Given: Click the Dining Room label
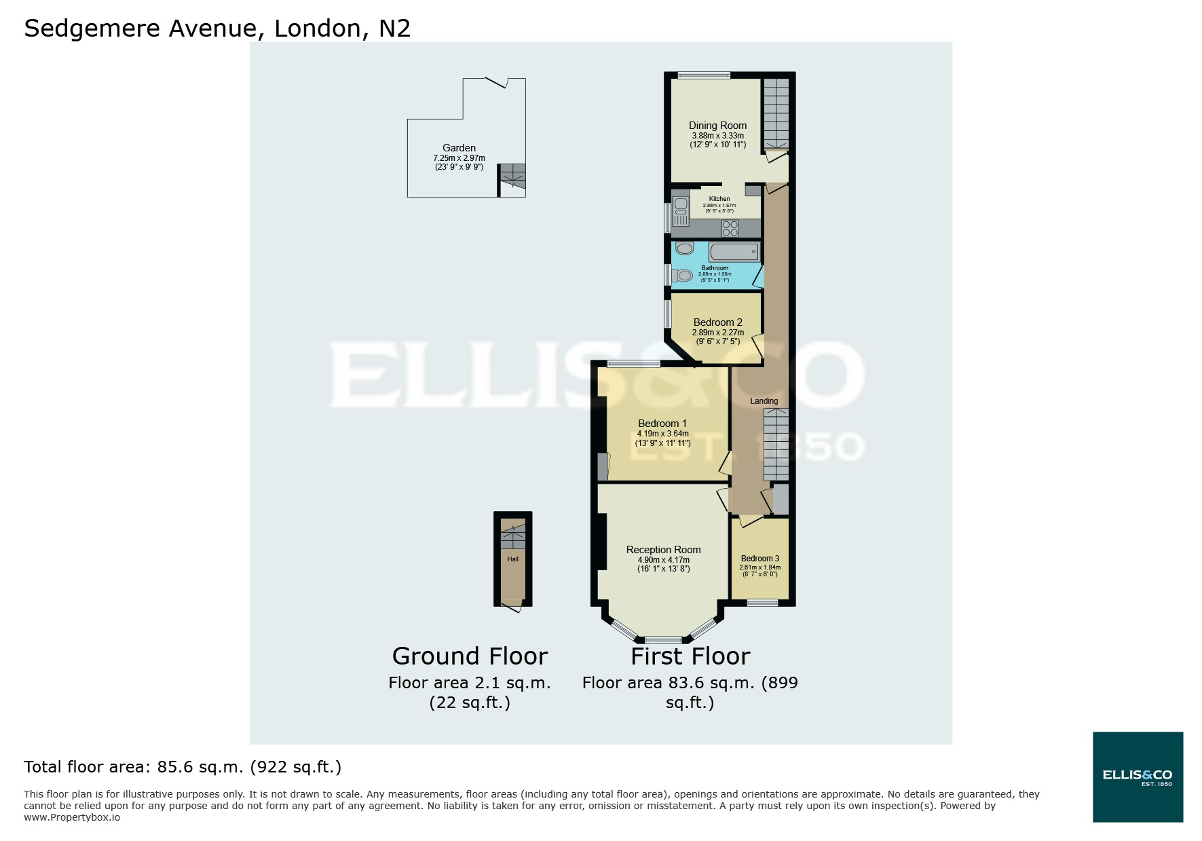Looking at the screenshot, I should coord(717,126).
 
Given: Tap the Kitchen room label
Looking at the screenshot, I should coord(719,199).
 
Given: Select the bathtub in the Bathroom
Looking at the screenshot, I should coord(734,252).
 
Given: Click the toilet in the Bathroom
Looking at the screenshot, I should coord(682,276).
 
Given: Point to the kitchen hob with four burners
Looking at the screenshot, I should coord(730,228).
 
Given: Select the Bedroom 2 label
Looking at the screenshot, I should coord(717,322).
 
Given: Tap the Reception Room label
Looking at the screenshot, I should coord(663,550).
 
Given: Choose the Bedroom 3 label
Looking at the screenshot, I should coord(759,559).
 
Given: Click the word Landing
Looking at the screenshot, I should coord(764,401).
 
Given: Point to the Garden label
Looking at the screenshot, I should coord(459,148).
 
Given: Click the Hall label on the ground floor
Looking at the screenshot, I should coord(512,559).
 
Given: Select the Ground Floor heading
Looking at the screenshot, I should coord(470,656).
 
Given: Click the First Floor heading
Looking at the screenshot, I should coord(690,656).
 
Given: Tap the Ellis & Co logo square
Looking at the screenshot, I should coord(1138,777).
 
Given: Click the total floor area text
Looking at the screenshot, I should coord(183,767).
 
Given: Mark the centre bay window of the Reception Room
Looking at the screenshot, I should coord(663,639).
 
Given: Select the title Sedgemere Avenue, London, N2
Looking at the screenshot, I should coord(217,29).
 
